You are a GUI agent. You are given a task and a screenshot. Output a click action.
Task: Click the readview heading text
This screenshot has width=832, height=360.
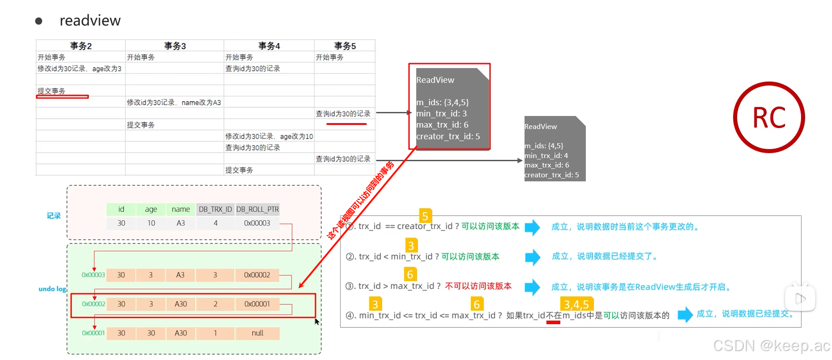coord(90,21)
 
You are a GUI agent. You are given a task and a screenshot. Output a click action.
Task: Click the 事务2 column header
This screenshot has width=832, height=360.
coord(81,46)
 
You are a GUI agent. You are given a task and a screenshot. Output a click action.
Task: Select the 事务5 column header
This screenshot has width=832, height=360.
coord(345,46)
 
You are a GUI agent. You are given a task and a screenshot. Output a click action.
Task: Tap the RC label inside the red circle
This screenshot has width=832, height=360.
coord(769,118)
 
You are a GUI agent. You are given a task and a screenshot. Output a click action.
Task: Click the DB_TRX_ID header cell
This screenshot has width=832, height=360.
coord(215,209)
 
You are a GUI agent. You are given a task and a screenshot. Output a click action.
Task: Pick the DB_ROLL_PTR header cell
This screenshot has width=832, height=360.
coord(257,209)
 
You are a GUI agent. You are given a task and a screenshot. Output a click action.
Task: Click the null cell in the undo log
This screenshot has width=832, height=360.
coord(257,333)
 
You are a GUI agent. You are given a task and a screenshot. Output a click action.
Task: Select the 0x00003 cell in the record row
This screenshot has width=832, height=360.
coord(257,223)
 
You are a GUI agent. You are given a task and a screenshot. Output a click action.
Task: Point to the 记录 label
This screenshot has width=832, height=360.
coord(54,216)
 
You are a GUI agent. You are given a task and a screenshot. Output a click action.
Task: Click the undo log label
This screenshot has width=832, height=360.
coord(52,289)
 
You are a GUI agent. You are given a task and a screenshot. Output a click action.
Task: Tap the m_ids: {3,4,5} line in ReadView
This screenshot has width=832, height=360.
coord(442,102)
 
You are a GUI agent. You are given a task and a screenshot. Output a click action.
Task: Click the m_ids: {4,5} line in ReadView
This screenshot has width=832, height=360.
coord(544,146)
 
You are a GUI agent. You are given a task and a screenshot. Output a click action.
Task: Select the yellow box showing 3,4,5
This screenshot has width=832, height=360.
coord(576,304)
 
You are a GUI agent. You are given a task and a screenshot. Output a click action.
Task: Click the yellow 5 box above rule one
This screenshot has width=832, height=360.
coord(425,216)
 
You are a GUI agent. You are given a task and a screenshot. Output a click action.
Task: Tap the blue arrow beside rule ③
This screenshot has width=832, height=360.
coord(532,287)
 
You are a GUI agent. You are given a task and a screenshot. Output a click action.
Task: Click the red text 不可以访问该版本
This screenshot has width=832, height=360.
coord(478,286)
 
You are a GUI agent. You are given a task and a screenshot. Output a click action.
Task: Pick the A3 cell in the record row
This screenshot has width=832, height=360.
coord(180,223)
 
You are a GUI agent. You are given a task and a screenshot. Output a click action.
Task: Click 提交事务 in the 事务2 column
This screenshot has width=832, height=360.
coord(51,91)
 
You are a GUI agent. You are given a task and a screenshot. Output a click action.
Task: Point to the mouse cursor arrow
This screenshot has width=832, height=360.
coord(317,321)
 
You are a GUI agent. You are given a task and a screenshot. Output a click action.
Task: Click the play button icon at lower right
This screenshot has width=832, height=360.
coord(800,298)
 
